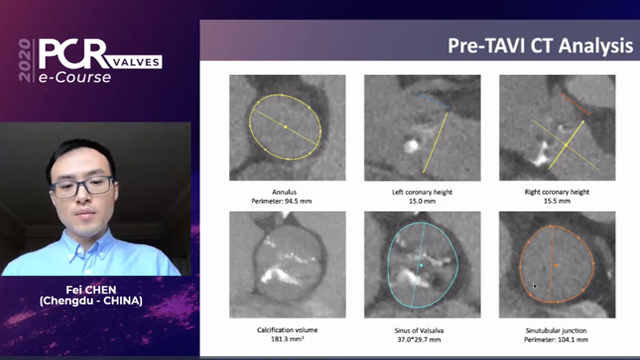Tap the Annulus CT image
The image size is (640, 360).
[x=287, y=128]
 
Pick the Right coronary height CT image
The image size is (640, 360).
[x=556, y=128]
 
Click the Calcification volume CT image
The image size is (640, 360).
[x=287, y=265]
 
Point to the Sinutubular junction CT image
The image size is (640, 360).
[x=556, y=265]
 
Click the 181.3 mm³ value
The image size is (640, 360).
[x=287, y=338]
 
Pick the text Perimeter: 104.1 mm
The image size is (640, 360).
[x=556, y=338]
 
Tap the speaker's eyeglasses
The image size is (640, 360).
[x=84, y=185]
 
